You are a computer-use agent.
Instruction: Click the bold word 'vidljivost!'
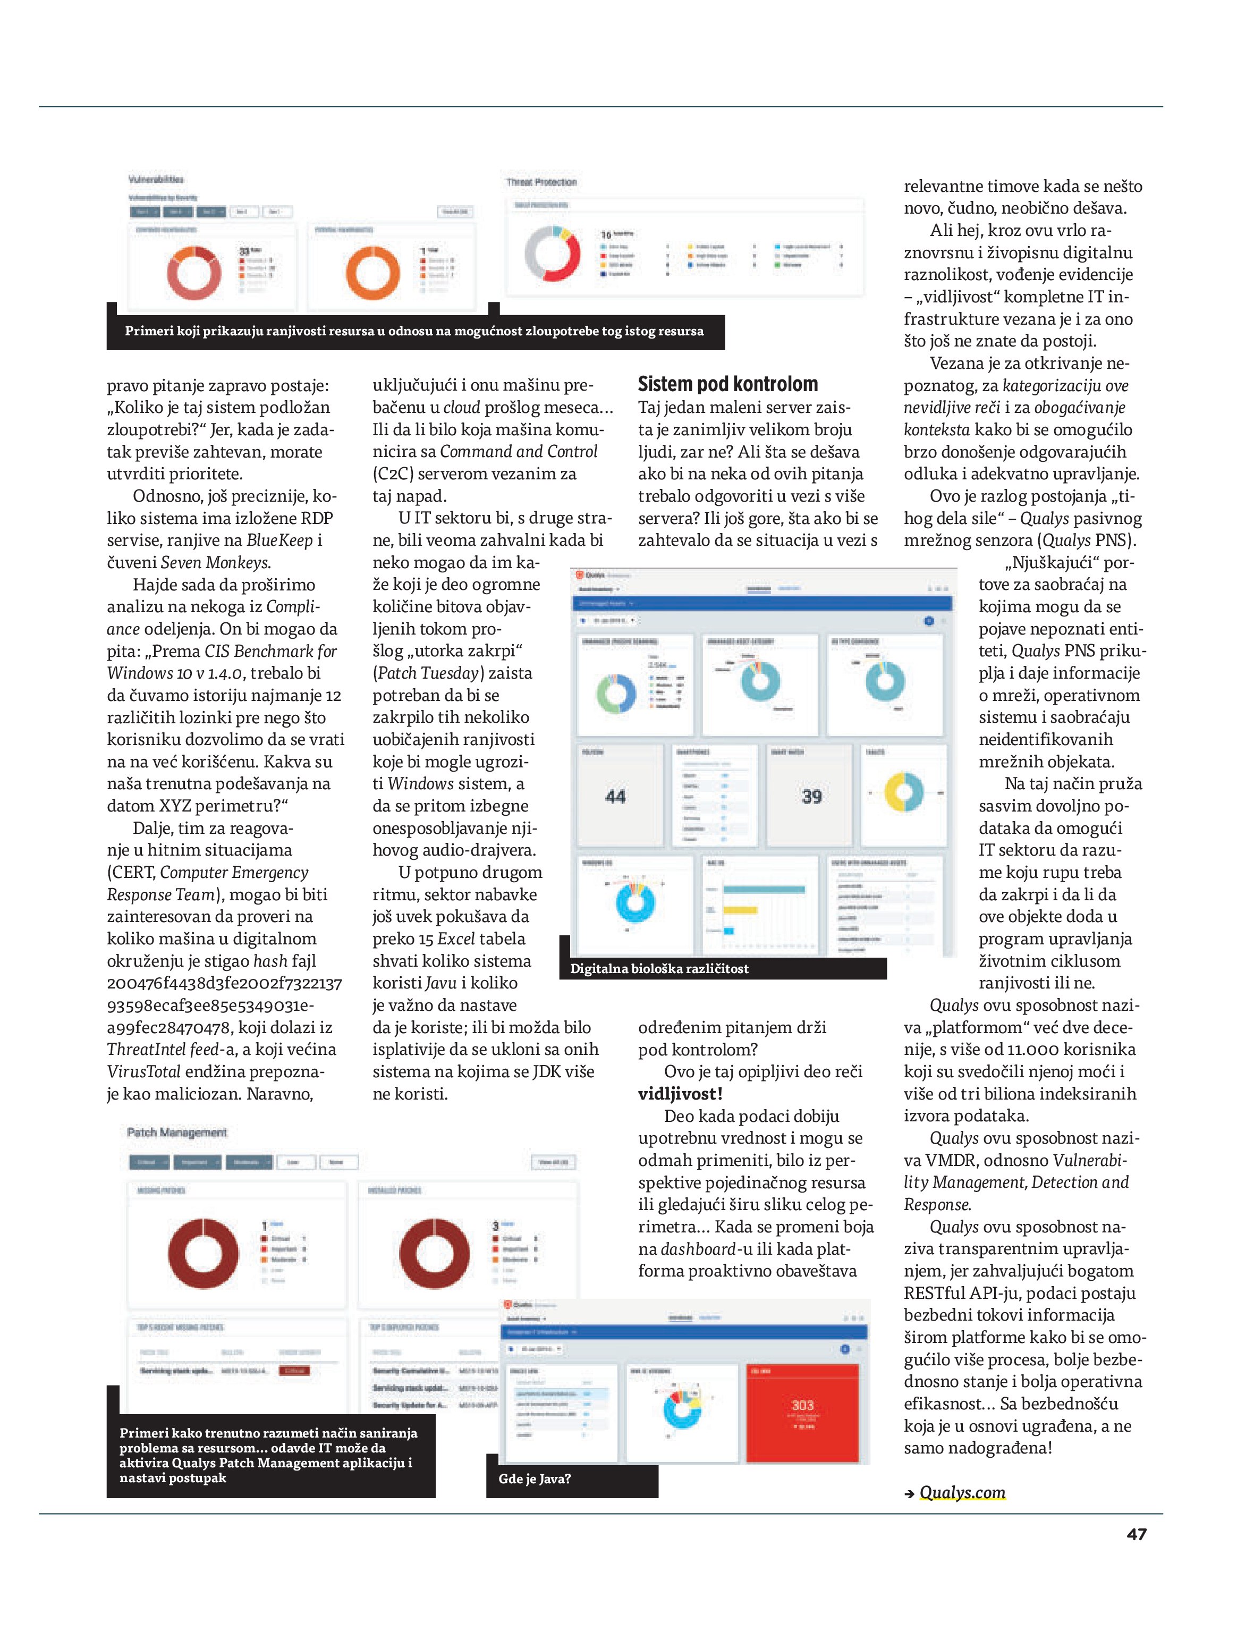point(679,1094)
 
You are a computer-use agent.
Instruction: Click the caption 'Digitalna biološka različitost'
point(658,968)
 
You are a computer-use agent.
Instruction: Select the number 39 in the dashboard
point(811,797)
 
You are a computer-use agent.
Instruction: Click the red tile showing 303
point(802,1412)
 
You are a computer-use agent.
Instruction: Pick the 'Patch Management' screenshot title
point(177,1133)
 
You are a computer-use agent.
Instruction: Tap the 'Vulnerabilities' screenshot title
point(156,179)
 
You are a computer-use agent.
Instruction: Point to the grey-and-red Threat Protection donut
point(553,254)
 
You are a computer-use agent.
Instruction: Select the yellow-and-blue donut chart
point(903,792)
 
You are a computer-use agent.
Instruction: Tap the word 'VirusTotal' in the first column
point(143,1071)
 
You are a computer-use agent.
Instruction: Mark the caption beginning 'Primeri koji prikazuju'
point(414,331)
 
